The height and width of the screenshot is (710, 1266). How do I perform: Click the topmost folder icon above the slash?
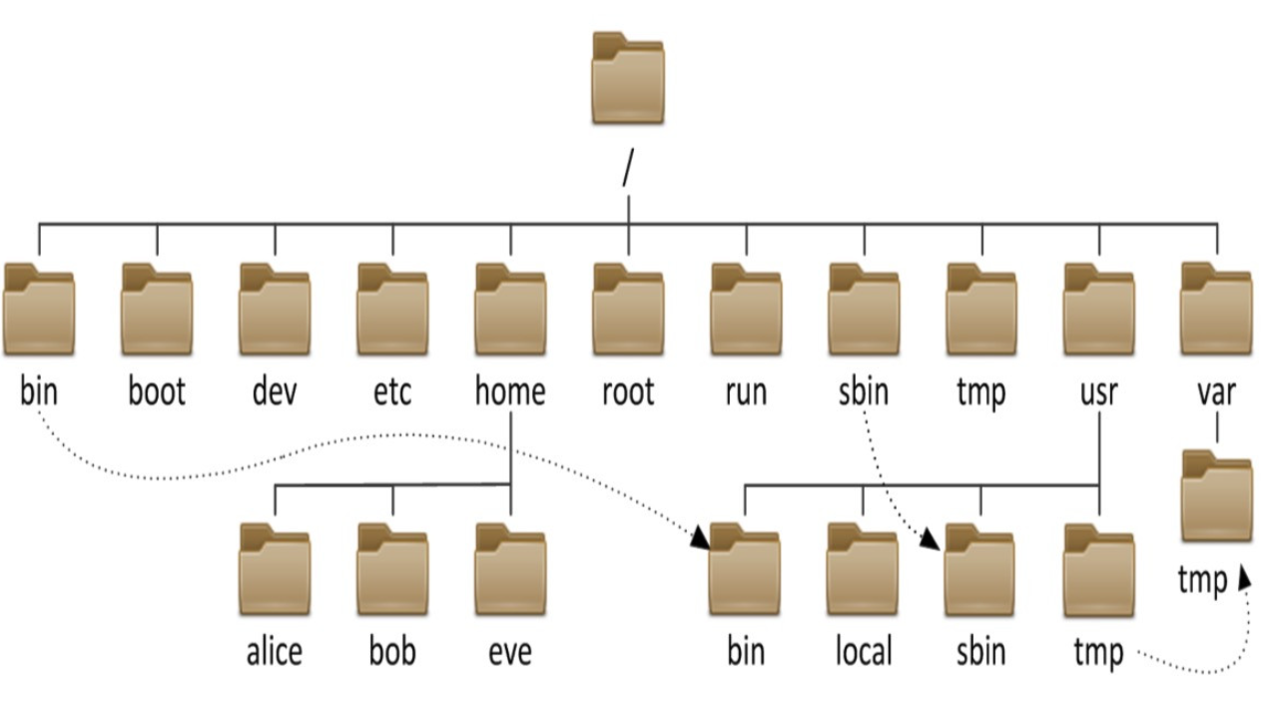628,79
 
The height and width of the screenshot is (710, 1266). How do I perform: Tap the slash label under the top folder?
627,169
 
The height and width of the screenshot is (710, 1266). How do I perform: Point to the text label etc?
392,392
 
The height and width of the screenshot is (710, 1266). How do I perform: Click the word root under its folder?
628,392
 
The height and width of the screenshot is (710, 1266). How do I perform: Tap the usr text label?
1098,392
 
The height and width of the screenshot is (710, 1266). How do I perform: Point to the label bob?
392,653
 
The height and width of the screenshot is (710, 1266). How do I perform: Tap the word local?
863,653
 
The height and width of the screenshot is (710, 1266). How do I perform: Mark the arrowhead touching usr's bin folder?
701,538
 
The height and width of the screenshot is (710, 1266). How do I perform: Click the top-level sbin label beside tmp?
864,392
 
